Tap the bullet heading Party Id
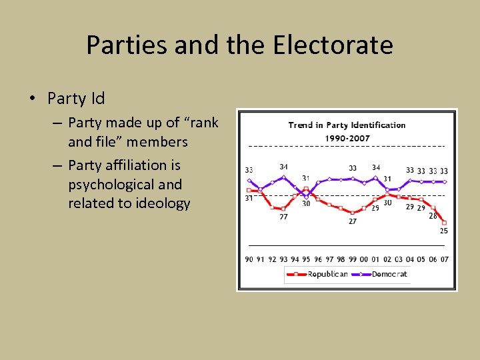(76, 99)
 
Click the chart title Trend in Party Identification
(347, 125)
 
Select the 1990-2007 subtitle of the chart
(347, 138)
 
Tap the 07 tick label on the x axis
(444, 259)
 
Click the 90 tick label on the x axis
(249, 259)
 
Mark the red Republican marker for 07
(444, 223)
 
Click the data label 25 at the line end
(443, 231)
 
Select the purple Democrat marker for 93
(283, 177)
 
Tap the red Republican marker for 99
(352, 213)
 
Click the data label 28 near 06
(433, 216)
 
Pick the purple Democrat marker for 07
(444, 181)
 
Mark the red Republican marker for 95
(306, 189)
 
